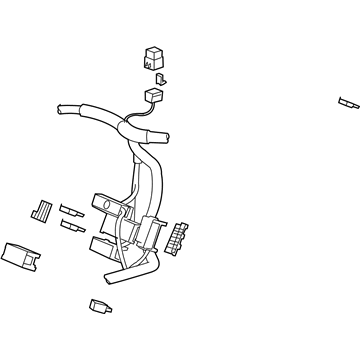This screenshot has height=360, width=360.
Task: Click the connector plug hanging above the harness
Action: [154, 96]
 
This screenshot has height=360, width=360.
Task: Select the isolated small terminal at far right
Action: [347, 101]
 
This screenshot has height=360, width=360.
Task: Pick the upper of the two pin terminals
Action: [71, 210]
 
